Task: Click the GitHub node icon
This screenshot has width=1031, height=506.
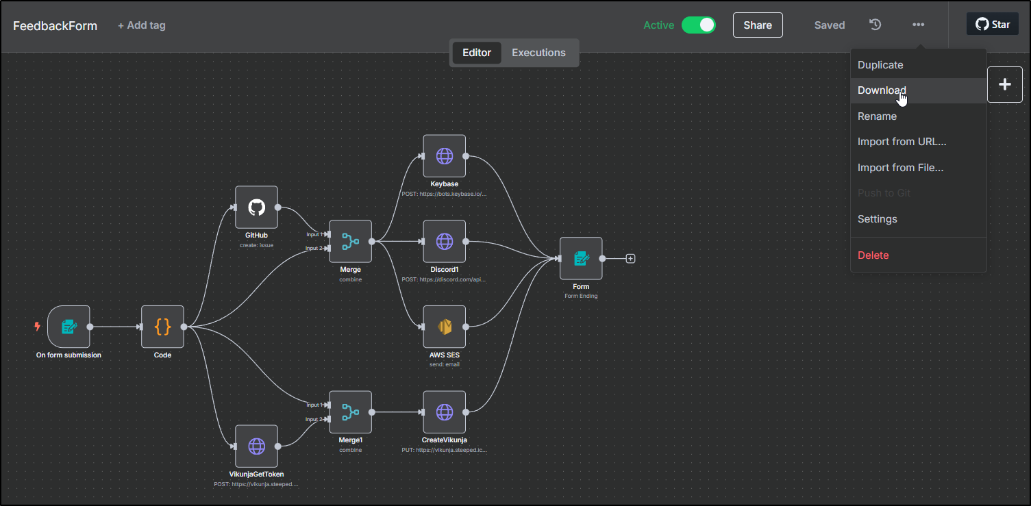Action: coord(256,207)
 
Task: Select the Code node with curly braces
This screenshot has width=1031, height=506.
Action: coord(162,327)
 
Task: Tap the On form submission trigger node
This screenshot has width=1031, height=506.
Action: coord(69,327)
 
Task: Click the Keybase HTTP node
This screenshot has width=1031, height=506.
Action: coord(444,155)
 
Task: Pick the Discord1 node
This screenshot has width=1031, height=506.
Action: coord(444,241)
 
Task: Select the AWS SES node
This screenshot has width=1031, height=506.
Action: coord(444,327)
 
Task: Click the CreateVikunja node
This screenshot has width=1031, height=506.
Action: coord(444,412)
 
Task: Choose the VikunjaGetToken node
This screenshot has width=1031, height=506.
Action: coord(256,446)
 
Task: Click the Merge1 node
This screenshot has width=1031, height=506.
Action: coord(350,412)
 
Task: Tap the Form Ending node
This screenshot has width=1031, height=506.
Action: coord(581,258)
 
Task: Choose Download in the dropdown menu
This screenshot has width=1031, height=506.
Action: coord(882,90)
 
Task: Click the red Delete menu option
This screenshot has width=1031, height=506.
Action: coord(873,255)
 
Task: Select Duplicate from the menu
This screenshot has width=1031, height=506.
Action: coord(880,65)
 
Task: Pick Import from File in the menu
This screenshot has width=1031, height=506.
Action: coord(900,168)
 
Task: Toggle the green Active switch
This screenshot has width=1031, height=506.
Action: coord(698,25)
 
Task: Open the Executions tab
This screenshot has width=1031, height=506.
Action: coord(538,53)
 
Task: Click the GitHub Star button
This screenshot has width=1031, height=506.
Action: coord(992,25)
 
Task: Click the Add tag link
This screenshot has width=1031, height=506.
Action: coord(141,25)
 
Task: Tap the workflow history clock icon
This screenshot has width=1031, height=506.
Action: coord(875,25)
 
